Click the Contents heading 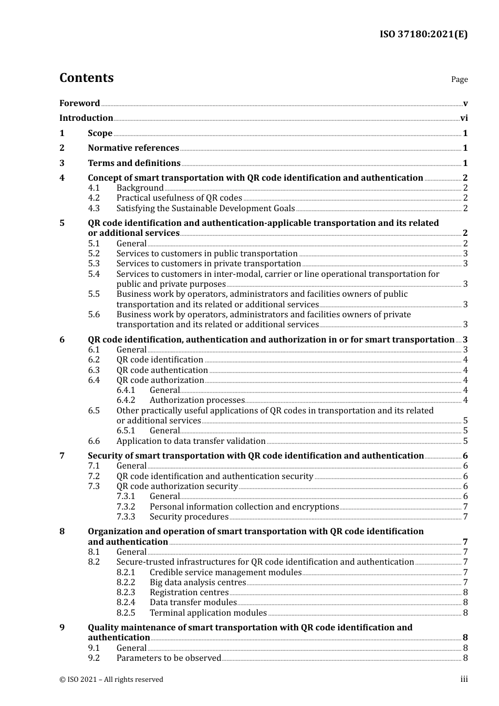86,78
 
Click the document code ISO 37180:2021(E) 423,34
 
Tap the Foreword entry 79,103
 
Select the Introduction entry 86,118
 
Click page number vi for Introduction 464,118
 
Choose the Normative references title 133,148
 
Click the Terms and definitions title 134,163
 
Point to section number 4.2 93,198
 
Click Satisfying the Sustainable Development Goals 205,208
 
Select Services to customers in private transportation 209,263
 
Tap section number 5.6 93,314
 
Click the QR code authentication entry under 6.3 162,370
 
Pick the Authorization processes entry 197,400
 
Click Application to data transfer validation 191,441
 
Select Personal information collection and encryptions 244,506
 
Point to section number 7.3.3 126,516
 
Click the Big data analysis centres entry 197,582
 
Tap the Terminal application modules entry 208,612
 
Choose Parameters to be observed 169,658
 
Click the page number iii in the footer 464,679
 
